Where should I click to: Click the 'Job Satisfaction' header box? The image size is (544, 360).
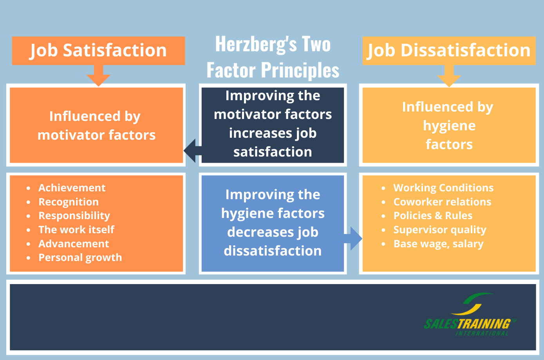click(x=99, y=50)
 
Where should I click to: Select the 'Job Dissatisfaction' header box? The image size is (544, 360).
click(x=449, y=50)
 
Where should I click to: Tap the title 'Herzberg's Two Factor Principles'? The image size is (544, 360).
click(x=273, y=57)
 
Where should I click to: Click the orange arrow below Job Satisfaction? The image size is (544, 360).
click(x=99, y=76)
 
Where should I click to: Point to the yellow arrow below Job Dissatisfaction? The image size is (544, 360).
click(x=449, y=76)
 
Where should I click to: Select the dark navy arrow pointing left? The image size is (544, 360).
click(x=193, y=151)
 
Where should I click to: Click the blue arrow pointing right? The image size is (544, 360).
click(x=353, y=239)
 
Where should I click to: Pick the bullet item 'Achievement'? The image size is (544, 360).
click(x=72, y=188)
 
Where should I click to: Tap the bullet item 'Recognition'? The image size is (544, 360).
click(x=69, y=202)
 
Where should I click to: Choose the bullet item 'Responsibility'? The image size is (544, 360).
click(x=74, y=216)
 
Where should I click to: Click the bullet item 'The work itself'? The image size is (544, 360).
click(x=76, y=229)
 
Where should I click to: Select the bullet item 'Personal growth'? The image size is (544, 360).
click(x=80, y=257)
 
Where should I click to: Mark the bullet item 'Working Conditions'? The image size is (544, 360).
click(x=443, y=188)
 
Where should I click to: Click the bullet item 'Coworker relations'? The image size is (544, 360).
click(x=442, y=202)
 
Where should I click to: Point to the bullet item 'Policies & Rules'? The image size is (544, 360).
click(x=433, y=216)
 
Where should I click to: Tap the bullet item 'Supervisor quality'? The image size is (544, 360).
click(x=440, y=230)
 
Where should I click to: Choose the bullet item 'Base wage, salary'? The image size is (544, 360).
click(x=439, y=244)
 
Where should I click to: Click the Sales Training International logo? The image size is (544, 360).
click(x=470, y=314)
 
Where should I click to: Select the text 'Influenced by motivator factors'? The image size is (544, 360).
click(x=96, y=126)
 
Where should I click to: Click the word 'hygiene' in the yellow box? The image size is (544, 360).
click(x=449, y=126)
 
